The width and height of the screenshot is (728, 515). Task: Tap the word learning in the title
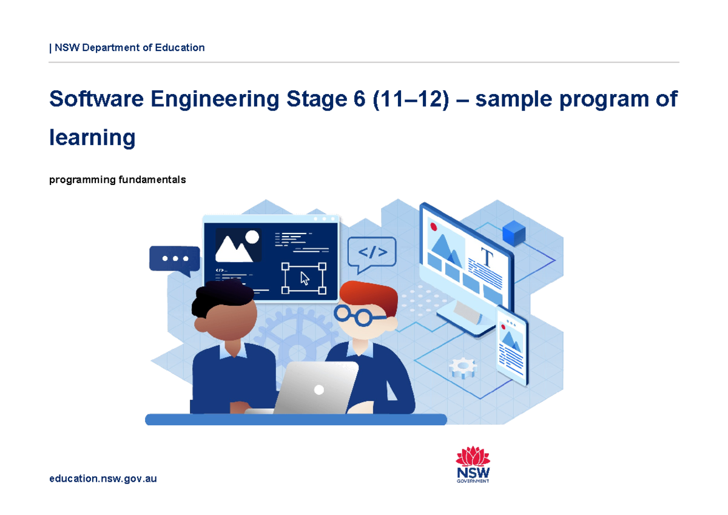pos(92,138)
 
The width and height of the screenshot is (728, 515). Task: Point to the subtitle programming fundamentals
pos(117,180)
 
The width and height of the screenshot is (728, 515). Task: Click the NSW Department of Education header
pos(128,47)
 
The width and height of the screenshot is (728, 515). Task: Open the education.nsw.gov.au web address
pos(103,479)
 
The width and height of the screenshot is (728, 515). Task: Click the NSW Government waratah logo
pos(473,465)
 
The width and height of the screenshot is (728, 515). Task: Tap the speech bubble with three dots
pos(175,259)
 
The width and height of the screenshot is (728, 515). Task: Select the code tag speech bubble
pos(372,252)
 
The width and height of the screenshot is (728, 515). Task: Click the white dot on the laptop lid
pos(318,390)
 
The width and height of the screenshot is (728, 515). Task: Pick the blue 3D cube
pos(514,233)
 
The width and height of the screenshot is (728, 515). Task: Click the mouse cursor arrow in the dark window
pos(305,278)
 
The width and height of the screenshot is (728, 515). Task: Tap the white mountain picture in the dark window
pos(234,247)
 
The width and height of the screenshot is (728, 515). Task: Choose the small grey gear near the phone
pos(463,367)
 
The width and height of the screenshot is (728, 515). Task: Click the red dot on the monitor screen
pos(434,226)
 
